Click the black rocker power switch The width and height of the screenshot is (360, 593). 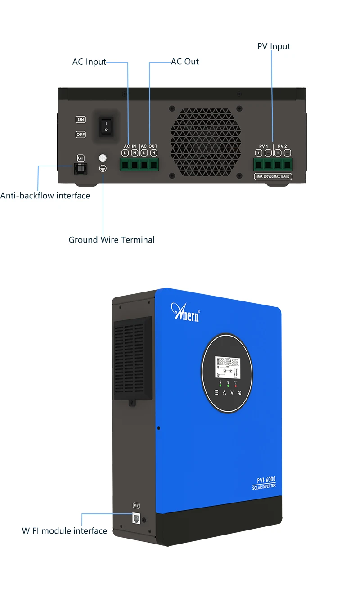tap(106, 126)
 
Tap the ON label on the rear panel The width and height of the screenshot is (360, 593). tap(81, 119)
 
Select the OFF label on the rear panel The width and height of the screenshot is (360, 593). tap(81, 134)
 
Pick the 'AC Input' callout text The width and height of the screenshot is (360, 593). tap(89, 62)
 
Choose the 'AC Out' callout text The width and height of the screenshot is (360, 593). tap(185, 62)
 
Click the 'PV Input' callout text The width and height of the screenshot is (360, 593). tap(274, 46)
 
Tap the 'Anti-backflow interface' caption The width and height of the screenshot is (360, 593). tap(45, 196)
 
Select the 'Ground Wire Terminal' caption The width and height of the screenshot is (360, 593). tap(111, 240)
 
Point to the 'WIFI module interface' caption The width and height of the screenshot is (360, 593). tap(64, 531)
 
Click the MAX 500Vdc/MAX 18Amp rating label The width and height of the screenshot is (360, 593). tap(274, 176)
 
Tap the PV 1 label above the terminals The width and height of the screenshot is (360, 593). tap(263, 146)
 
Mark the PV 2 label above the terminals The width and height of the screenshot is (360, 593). tap(282, 146)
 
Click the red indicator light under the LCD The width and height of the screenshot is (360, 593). tap(236, 386)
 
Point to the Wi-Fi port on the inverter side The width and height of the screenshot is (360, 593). tap(136, 518)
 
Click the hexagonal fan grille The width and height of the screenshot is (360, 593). tap(206, 142)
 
